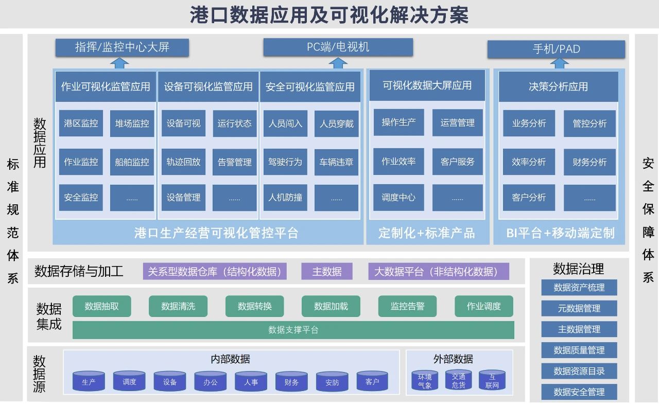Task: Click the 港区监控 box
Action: point(81,123)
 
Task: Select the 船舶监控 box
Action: point(132,162)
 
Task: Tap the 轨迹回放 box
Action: point(183,162)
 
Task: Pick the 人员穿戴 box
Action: point(336,123)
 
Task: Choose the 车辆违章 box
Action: point(336,162)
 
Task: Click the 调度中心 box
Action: point(398,198)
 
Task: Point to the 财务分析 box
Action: point(589,162)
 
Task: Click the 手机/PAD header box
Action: point(556,49)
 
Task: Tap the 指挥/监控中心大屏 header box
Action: point(122,48)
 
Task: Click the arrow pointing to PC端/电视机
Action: point(338,63)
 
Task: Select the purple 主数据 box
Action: point(327,272)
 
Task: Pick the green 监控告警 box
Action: point(407,306)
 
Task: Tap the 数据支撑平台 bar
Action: point(293,330)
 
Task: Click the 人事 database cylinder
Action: point(251,382)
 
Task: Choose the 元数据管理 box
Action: point(579,308)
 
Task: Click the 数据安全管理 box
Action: point(579,392)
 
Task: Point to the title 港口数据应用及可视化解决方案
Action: point(329,15)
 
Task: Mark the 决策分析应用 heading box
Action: point(558,86)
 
